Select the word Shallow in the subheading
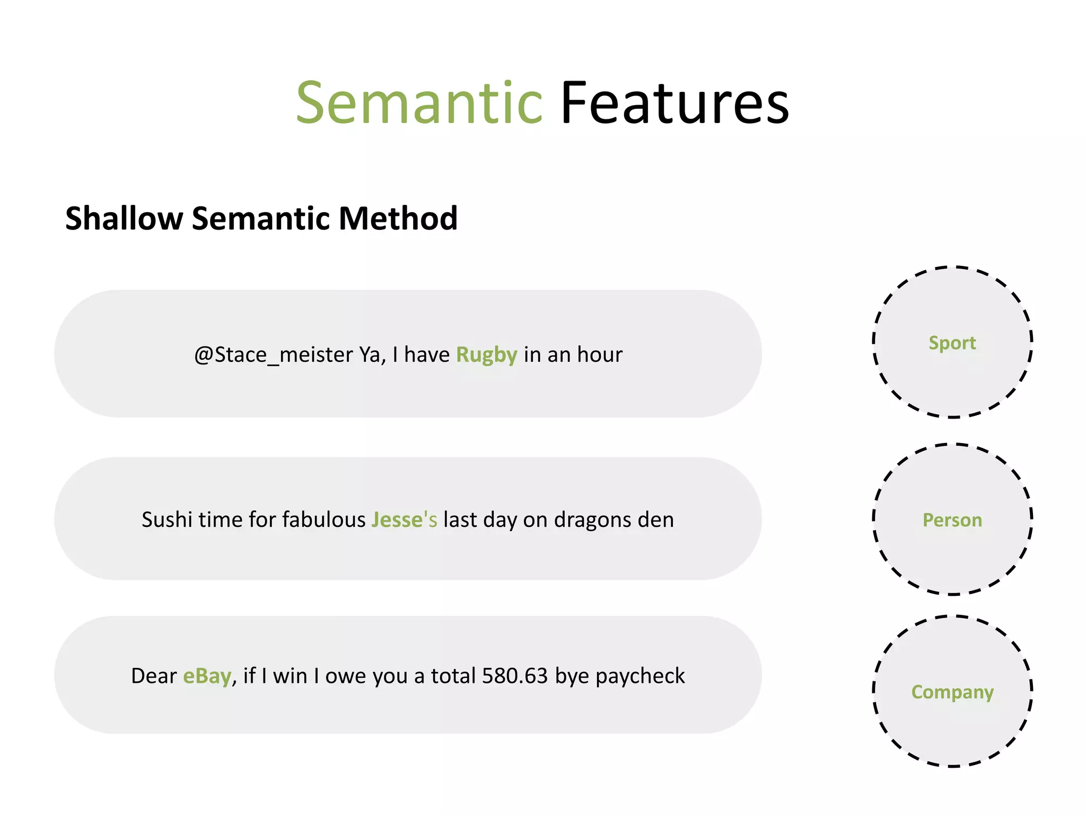click(124, 218)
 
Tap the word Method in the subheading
click(398, 218)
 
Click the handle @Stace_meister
click(274, 354)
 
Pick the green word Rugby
click(486, 354)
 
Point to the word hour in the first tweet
click(600, 354)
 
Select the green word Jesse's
click(404, 519)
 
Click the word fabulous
click(323, 519)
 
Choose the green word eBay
click(207, 676)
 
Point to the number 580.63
click(514, 676)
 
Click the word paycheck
click(640, 676)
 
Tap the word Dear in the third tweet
click(154, 676)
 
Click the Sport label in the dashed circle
click(952, 343)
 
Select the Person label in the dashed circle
click(952, 520)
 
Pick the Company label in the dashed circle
click(952, 692)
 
